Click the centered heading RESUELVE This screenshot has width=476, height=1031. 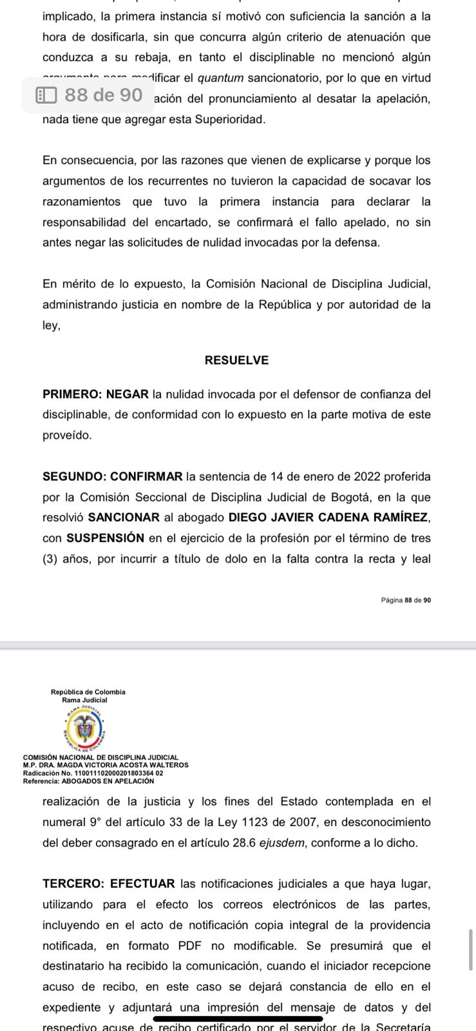click(236, 360)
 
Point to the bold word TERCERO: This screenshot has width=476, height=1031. click(73, 884)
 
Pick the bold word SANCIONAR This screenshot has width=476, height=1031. click(124, 518)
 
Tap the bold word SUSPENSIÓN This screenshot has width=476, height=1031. click(105, 539)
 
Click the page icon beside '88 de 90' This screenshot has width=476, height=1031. click(46, 96)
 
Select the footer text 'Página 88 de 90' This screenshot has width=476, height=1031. click(406, 600)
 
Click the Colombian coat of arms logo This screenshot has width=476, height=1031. click(84, 729)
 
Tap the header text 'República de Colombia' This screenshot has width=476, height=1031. click(88, 692)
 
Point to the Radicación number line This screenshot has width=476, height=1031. click(93, 773)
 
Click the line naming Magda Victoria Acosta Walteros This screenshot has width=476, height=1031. click(106, 766)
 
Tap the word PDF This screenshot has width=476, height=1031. click(191, 946)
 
